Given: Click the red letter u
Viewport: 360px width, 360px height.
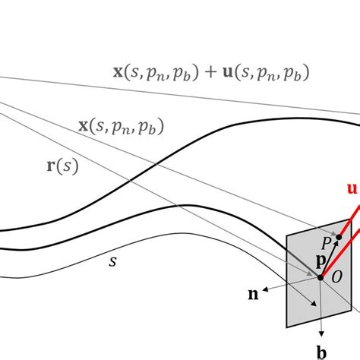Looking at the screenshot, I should click(x=352, y=188).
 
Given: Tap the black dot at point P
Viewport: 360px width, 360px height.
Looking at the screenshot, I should click(x=339, y=238).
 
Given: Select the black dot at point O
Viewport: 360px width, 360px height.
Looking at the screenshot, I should click(x=321, y=277).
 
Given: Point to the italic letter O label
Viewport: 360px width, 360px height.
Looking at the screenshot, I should click(x=337, y=275).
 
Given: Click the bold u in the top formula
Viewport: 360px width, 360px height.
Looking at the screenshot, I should click(x=232, y=74).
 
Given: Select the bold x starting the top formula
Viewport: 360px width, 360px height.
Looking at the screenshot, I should click(x=118, y=74).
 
